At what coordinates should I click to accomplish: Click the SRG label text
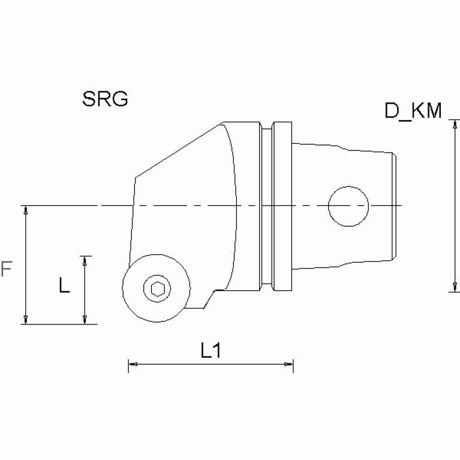point(105,99)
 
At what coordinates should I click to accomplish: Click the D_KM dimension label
point(413,111)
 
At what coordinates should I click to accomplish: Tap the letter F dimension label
point(7,269)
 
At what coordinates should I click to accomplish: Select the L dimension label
point(64,286)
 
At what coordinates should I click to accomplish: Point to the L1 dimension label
point(211,351)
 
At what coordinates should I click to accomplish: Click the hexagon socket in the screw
point(158,289)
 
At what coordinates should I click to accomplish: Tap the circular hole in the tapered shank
point(348,206)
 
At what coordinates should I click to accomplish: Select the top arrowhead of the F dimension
point(25,209)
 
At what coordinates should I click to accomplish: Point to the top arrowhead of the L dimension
point(85,259)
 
